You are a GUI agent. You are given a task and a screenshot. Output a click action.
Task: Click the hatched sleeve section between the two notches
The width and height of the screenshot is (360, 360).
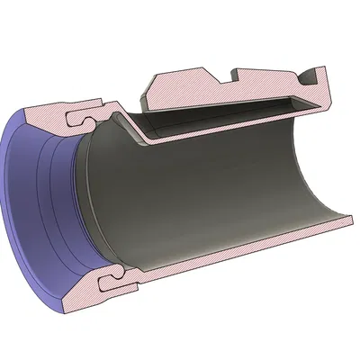point(270,76)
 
